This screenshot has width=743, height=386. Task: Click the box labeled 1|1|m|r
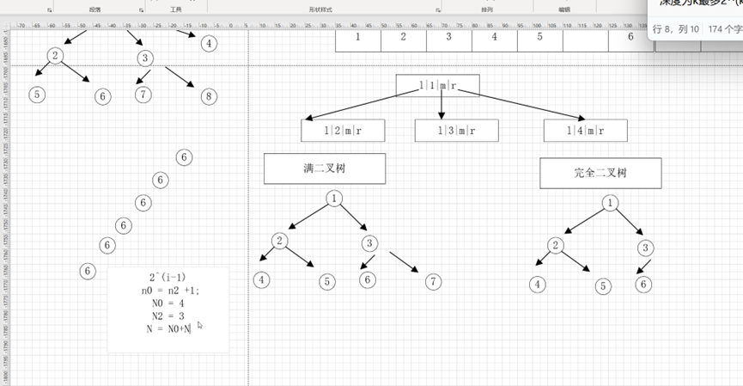pyautogui.click(x=437, y=85)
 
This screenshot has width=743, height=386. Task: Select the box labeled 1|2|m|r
pyautogui.click(x=343, y=131)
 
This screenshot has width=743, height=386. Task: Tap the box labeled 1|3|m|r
pyautogui.click(x=456, y=131)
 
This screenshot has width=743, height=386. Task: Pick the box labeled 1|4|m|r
pyautogui.click(x=585, y=131)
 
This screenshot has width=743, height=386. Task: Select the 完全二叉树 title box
pyautogui.click(x=600, y=173)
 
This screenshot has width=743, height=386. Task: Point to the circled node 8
pyautogui.click(x=208, y=96)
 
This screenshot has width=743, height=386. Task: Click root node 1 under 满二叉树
pyautogui.click(x=333, y=199)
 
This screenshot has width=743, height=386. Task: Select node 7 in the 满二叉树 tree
pyautogui.click(x=434, y=281)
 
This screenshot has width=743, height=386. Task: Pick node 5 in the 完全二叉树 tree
pyautogui.click(x=604, y=286)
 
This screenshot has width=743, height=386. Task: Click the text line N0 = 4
pyautogui.click(x=167, y=303)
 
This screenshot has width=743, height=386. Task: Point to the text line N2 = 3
pyautogui.click(x=167, y=316)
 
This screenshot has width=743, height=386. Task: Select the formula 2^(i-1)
pyautogui.click(x=167, y=277)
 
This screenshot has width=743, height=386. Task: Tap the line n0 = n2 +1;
pyautogui.click(x=170, y=290)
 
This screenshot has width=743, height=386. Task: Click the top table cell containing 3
pyautogui.click(x=448, y=36)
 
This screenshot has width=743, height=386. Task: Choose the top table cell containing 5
pyautogui.click(x=540, y=36)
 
